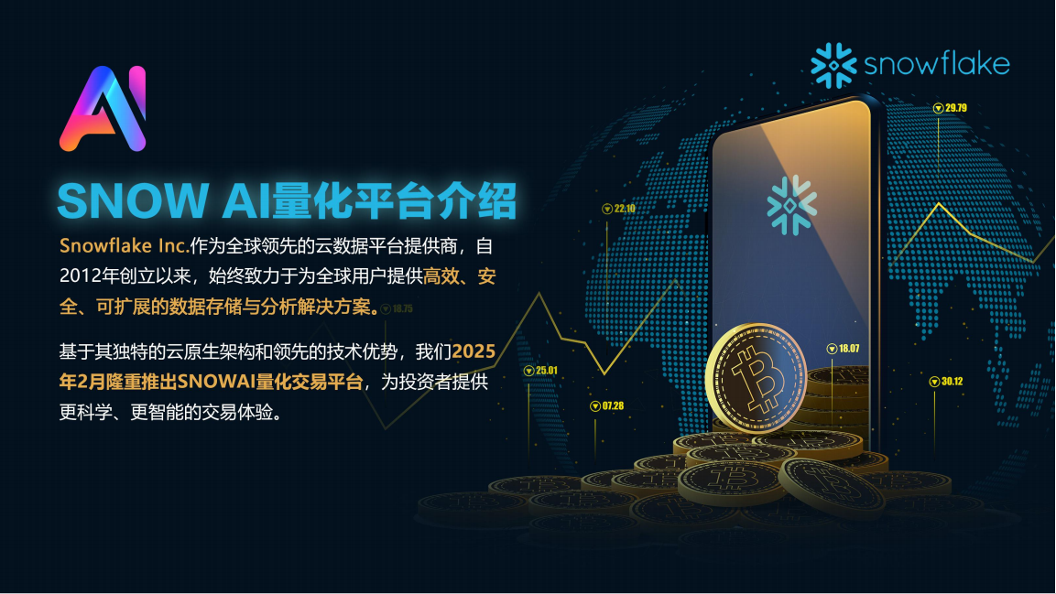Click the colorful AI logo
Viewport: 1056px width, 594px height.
click(103, 108)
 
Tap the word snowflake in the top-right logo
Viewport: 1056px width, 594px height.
click(936, 65)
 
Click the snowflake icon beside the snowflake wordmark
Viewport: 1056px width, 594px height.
click(833, 65)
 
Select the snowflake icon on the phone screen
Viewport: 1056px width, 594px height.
click(791, 200)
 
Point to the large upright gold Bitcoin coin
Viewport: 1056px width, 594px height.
click(757, 378)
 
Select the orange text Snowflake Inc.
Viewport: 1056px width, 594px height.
click(124, 246)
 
